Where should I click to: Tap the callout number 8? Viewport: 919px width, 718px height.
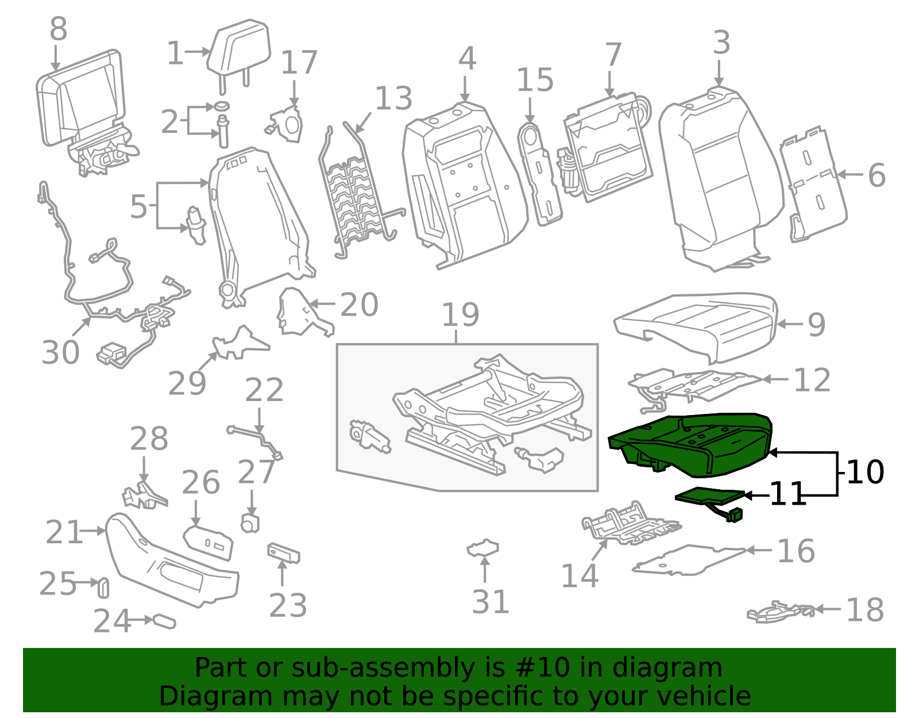click(x=58, y=29)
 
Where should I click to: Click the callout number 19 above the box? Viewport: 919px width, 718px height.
click(x=460, y=315)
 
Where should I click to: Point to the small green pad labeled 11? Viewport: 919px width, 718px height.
click(x=709, y=495)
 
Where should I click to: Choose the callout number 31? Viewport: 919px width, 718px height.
click(x=490, y=602)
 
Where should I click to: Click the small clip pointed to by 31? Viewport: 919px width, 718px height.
click(x=483, y=548)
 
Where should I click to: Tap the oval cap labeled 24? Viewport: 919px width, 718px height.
click(x=164, y=621)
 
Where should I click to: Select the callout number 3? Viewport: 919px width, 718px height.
click(x=721, y=43)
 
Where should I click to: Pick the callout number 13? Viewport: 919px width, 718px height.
click(x=393, y=98)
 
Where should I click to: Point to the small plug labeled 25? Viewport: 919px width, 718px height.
click(x=103, y=587)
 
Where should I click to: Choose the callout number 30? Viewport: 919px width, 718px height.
click(x=60, y=352)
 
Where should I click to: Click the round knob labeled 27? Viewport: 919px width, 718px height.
click(x=250, y=523)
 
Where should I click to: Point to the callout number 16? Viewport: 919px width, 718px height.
click(x=796, y=551)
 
